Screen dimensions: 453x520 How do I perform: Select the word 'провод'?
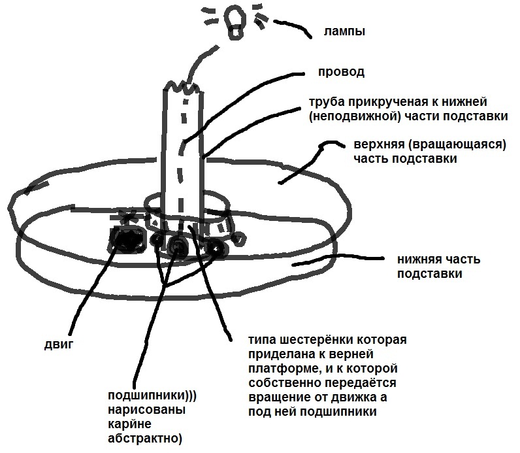341,71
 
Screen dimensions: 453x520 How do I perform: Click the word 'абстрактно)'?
143,437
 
